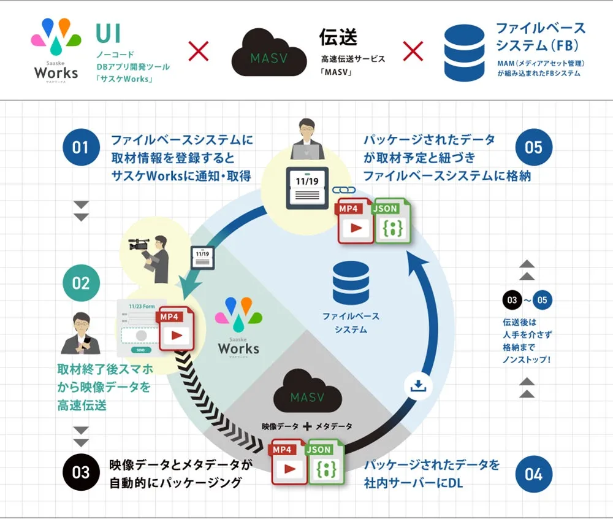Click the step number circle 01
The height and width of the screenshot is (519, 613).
(80, 147)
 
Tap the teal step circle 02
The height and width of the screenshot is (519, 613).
(80, 283)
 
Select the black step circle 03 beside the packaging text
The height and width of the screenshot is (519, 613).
(80, 472)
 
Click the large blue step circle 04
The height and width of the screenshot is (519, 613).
(533, 474)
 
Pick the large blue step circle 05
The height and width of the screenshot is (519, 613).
(533, 147)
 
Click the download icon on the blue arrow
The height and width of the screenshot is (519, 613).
(419, 386)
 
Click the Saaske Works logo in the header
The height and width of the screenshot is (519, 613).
(56, 53)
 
